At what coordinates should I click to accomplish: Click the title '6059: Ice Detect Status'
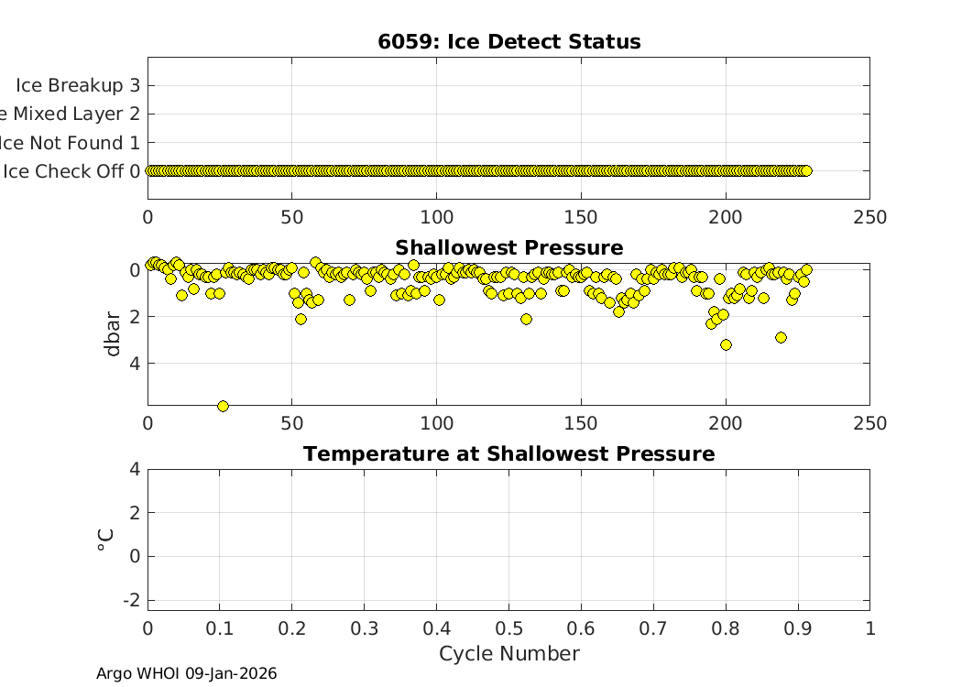point(508,41)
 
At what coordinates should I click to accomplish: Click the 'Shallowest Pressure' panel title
point(508,247)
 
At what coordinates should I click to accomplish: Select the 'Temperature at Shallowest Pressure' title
point(508,453)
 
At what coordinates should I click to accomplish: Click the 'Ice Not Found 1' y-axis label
point(71,143)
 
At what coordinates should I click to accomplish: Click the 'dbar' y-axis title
point(113,334)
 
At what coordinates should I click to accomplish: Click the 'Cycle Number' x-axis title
point(508,653)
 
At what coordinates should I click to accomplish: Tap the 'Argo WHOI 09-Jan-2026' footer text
point(186,673)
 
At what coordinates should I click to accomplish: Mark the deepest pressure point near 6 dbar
point(223,406)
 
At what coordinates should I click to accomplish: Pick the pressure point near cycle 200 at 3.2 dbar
point(726,344)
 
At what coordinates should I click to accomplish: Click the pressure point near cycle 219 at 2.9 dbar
point(781,337)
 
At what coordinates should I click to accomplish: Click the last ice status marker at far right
point(806,170)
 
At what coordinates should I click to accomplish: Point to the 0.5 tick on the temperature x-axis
point(508,629)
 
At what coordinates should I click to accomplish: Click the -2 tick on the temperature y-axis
point(133,599)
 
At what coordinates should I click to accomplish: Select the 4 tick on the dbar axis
point(135,364)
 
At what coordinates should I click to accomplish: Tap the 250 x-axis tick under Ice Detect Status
point(869,217)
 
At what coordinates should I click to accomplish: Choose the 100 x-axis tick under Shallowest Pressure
point(436,423)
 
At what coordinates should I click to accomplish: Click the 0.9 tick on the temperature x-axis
point(797,629)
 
